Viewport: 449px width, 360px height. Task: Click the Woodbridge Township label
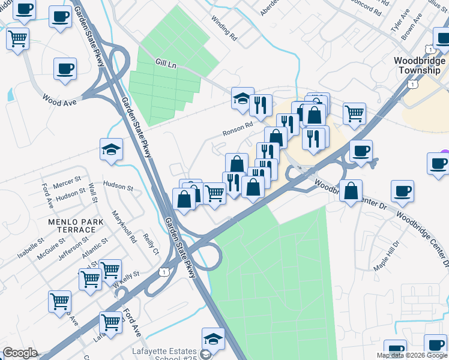420,65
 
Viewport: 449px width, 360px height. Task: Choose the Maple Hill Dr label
385,256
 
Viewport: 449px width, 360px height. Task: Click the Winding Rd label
224,28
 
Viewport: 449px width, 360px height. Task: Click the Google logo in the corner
20,353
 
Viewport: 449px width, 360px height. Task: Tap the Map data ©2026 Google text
411,355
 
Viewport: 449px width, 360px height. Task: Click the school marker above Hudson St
111,149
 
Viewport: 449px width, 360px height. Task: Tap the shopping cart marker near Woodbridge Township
355,112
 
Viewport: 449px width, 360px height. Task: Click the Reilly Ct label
151,244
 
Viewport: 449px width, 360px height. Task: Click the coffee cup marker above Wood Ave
65,69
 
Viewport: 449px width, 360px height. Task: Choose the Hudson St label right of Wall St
118,187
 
